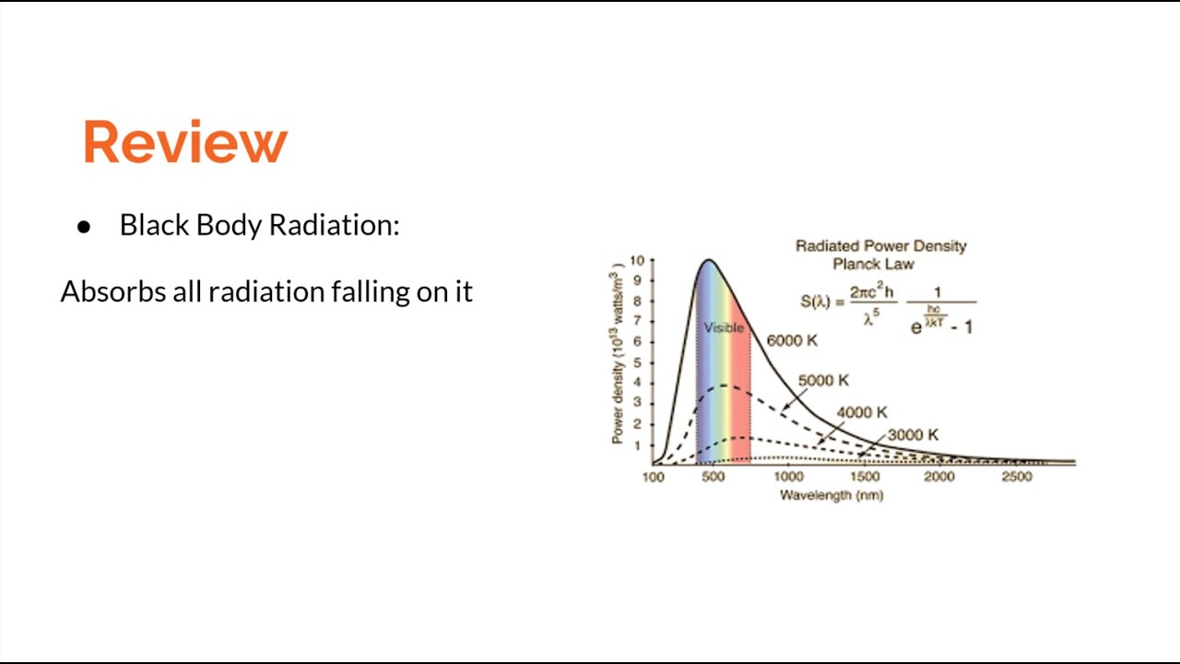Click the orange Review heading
click(185, 142)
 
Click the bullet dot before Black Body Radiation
click(84, 227)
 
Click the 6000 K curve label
click(792, 340)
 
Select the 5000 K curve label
click(823, 380)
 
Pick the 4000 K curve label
click(862, 412)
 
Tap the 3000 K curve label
click(913, 434)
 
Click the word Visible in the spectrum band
click(724, 327)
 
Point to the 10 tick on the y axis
click(636, 261)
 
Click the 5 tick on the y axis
click(638, 362)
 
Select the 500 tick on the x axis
click(712, 477)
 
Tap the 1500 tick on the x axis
click(864, 477)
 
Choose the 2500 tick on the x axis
click(1016, 477)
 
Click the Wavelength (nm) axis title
click(831, 495)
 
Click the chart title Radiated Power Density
click(880, 246)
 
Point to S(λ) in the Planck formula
click(816, 301)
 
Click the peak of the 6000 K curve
click(708, 261)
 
